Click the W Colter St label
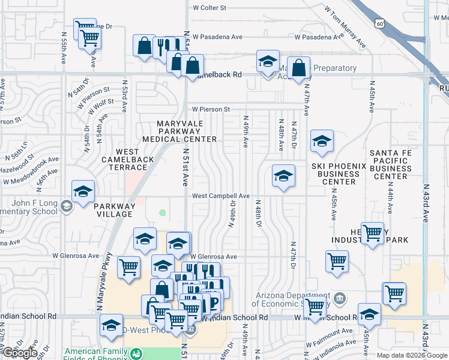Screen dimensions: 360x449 pyautogui.click(x=209, y=8)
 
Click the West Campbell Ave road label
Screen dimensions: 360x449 pyautogui.click(x=221, y=196)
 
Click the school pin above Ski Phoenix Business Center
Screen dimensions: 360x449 pyautogui.click(x=322, y=142)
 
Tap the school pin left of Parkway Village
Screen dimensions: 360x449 pyautogui.click(x=83, y=191)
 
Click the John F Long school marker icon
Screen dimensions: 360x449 pyautogui.click(x=66, y=207)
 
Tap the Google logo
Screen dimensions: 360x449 pyautogui.click(x=19, y=353)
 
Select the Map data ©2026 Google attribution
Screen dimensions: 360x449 pyautogui.click(x=411, y=355)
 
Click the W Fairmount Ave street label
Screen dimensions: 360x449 pyautogui.click(x=329, y=331)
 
